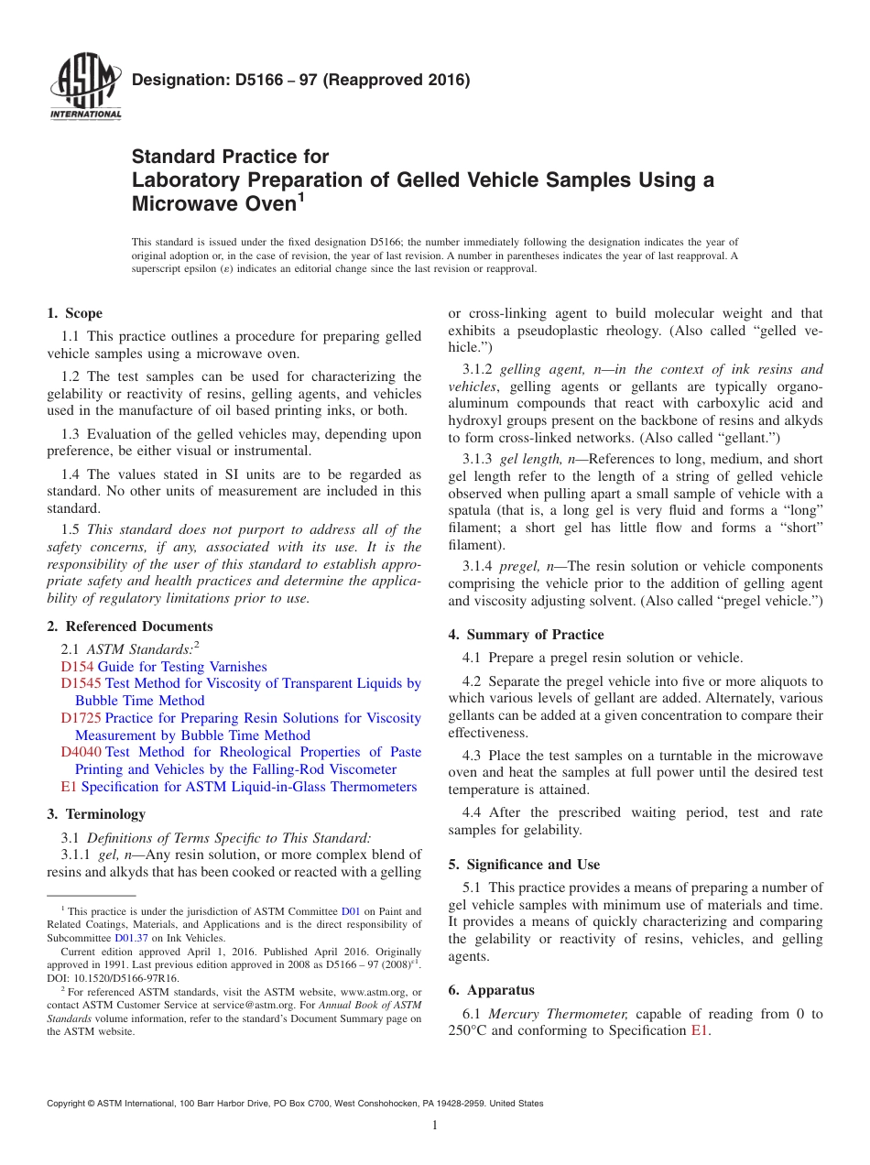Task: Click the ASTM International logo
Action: pos(85,88)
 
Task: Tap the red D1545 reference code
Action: pos(82,683)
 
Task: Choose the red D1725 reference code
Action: pos(82,718)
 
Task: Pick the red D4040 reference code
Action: pos(82,752)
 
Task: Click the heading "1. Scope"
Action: pos(74,313)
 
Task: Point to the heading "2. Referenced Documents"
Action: pos(129,626)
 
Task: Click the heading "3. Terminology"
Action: pos(95,813)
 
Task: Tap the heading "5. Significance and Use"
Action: pos(524,864)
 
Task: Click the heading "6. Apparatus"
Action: pos(491,989)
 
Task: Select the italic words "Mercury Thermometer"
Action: pos(558,1013)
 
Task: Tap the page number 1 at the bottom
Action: pos(435,1125)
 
